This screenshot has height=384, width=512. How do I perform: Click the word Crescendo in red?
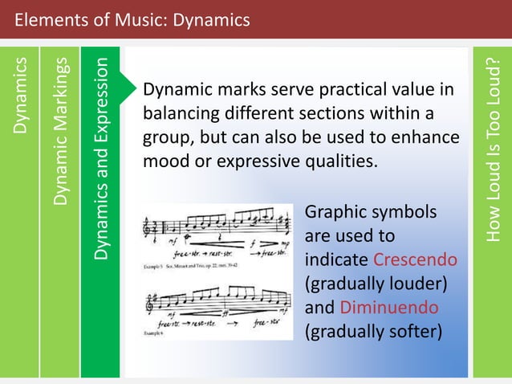[x=416, y=261]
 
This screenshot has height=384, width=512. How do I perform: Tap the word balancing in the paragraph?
[x=181, y=113]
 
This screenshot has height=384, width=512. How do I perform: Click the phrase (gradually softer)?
[x=374, y=330]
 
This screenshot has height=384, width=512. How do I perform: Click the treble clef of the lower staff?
[x=150, y=301]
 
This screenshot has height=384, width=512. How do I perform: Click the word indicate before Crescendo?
[x=337, y=261]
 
